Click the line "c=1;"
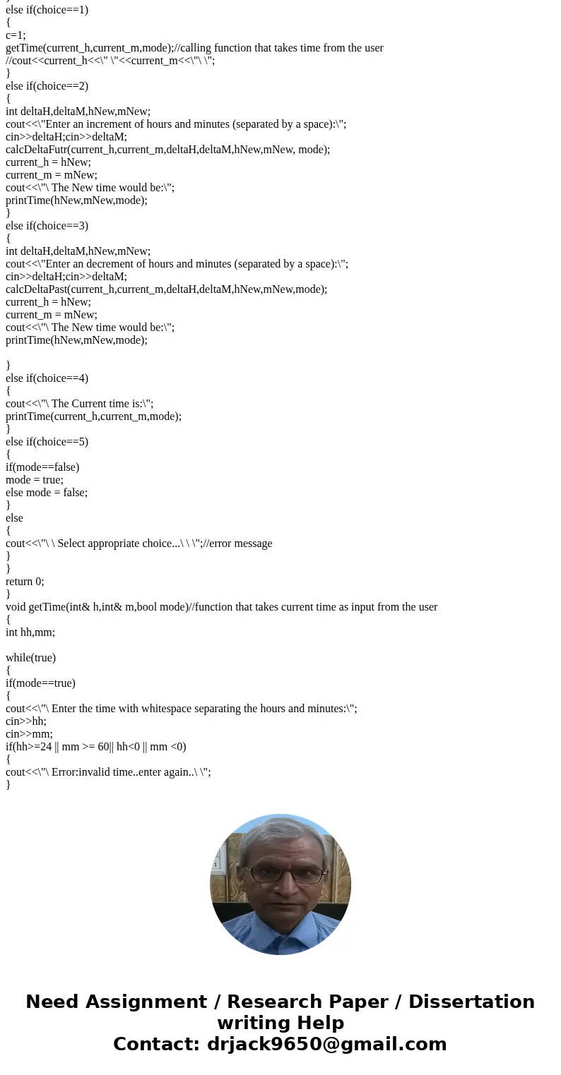(x=16, y=35)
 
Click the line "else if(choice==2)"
(x=47, y=86)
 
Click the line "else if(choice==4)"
(x=47, y=378)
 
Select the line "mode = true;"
(x=34, y=480)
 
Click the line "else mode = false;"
(x=47, y=493)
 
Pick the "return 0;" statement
(x=25, y=582)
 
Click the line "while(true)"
(x=30, y=658)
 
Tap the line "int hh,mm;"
(x=30, y=632)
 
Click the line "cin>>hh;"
(x=26, y=721)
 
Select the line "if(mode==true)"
(x=40, y=683)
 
